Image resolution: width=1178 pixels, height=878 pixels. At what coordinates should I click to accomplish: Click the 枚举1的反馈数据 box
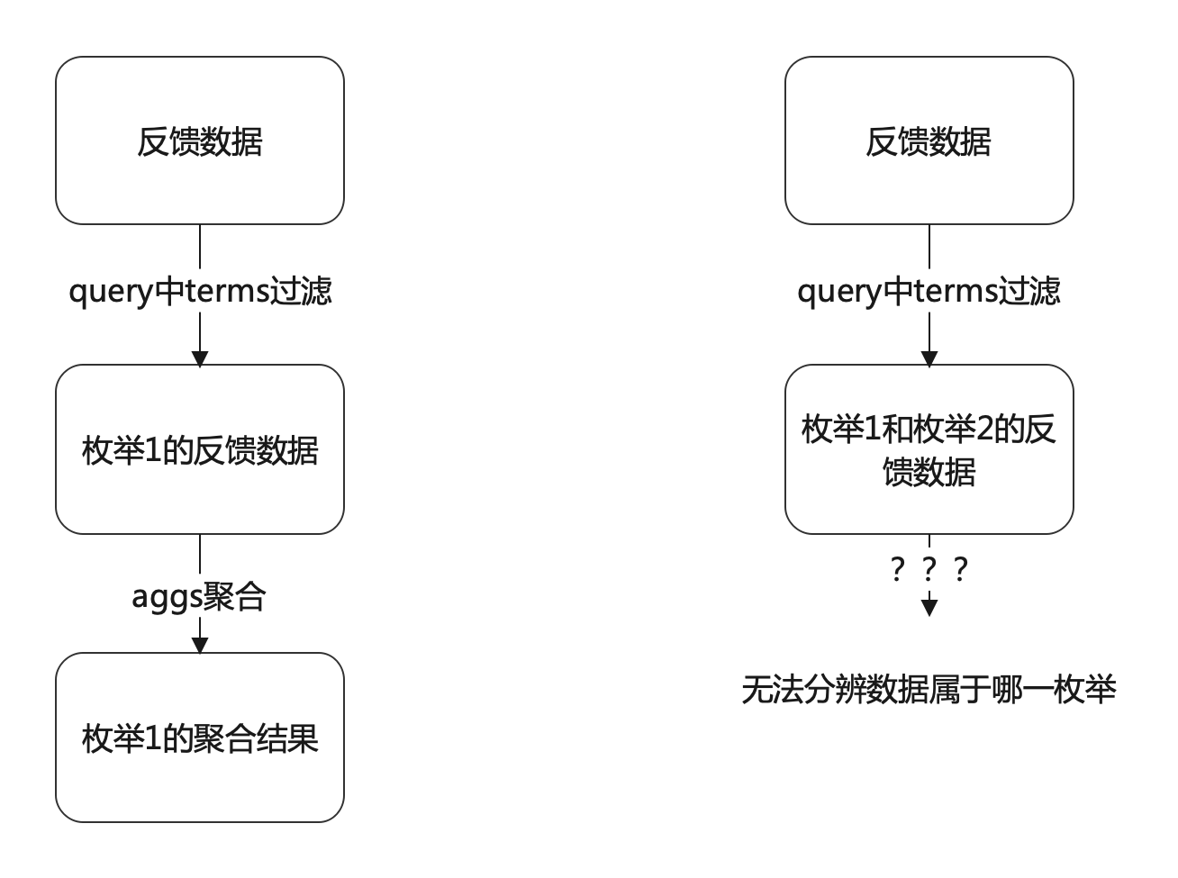200,449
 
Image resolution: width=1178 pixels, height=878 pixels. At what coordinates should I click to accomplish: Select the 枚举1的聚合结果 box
200,738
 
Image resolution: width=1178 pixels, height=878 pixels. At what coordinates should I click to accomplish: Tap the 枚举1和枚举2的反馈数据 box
929,449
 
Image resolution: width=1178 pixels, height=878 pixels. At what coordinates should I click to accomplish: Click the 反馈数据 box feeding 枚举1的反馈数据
200,140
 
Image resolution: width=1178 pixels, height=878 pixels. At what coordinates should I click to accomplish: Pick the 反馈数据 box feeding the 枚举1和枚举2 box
929,140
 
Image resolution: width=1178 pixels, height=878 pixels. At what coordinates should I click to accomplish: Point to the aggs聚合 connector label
198,596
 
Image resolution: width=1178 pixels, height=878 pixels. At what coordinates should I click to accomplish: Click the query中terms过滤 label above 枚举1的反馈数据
200,292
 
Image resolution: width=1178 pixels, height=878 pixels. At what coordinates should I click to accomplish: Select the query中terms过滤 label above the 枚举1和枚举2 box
929,292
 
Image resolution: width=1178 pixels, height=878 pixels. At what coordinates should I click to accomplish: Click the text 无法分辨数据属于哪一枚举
929,689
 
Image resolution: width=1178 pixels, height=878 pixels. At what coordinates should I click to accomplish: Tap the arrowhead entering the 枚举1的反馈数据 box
200,358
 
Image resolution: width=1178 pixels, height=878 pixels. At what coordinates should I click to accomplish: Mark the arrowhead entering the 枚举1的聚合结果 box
200,646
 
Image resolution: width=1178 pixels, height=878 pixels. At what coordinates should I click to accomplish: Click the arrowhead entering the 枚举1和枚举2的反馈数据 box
929,358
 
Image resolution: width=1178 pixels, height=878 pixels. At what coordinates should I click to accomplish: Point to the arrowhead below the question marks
929,608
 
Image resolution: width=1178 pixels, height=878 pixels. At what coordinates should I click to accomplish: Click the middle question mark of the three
929,569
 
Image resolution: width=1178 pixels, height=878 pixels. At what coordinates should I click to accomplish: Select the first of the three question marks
897,569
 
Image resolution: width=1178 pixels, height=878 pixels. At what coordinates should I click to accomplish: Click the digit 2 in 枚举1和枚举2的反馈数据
984,430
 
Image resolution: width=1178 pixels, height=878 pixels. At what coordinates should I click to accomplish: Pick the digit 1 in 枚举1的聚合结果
152,738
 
